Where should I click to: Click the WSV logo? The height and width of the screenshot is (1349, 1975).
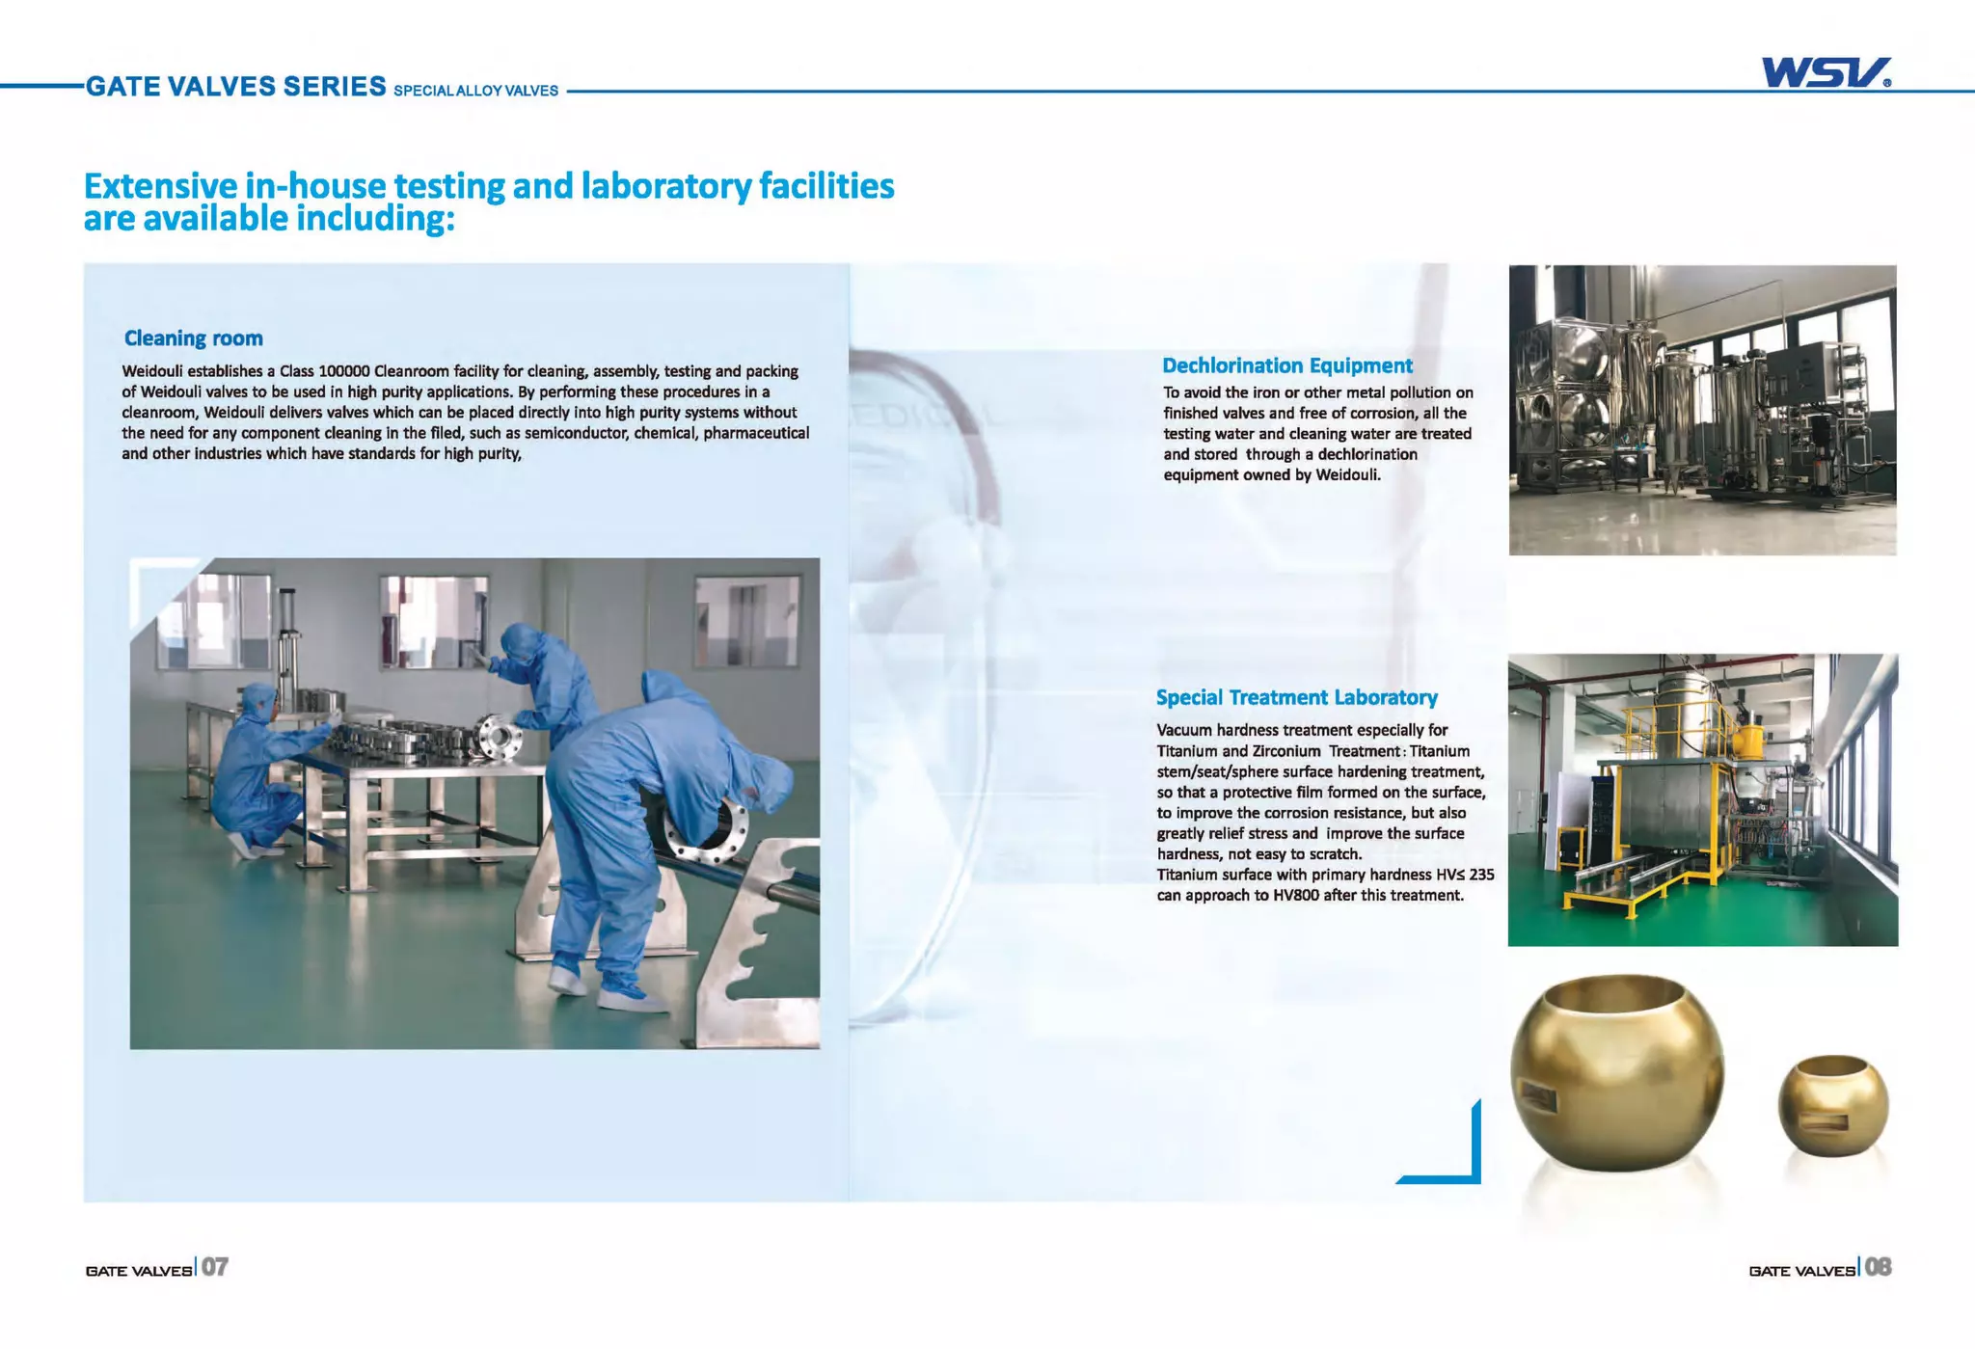1825,72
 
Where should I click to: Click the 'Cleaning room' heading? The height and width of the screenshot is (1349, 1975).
193,338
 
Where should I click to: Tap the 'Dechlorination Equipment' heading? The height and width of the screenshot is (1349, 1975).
1286,365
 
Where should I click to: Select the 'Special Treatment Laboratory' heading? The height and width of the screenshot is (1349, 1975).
1296,697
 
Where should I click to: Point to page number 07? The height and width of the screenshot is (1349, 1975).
215,1267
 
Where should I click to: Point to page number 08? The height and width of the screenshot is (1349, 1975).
1878,1267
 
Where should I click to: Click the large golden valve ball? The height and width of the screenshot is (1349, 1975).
1616,1072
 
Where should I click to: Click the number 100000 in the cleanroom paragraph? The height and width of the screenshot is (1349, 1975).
344,371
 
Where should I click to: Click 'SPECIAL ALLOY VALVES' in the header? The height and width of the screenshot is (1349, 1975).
475,91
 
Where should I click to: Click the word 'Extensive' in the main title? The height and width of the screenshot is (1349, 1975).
160,185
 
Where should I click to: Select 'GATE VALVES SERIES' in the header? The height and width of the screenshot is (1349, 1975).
236,87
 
